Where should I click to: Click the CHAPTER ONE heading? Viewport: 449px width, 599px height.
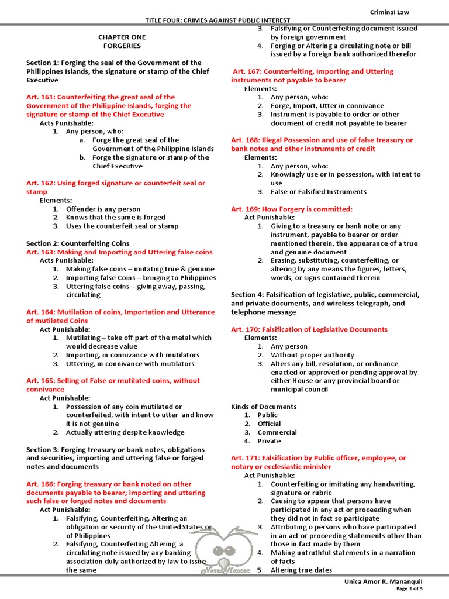pyautogui.click(x=122, y=37)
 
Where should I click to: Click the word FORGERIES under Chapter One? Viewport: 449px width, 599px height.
pyautogui.click(x=122, y=46)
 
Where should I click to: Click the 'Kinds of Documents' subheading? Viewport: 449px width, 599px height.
pyautogui.click(x=264, y=407)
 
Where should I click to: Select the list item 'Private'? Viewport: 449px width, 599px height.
pyautogui.click(x=269, y=441)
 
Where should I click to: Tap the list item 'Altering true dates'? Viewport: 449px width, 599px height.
pyautogui.click(x=301, y=570)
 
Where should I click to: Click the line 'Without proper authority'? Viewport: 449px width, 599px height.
pyautogui.click(x=312, y=355)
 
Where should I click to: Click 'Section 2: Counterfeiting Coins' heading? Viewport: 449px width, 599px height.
pyautogui.click(x=78, y=243)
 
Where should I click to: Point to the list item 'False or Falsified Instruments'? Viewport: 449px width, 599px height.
pyautogui.click(x=319, y=192)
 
